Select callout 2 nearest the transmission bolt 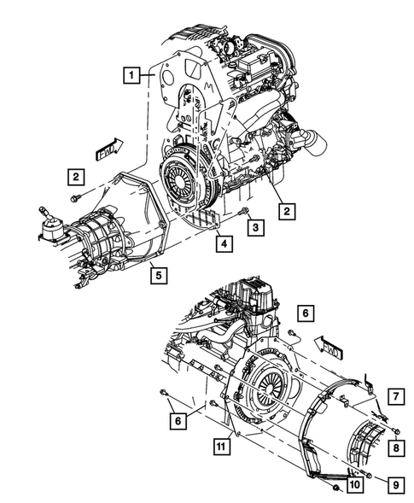point(76,177)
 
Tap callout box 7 point(396,395)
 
